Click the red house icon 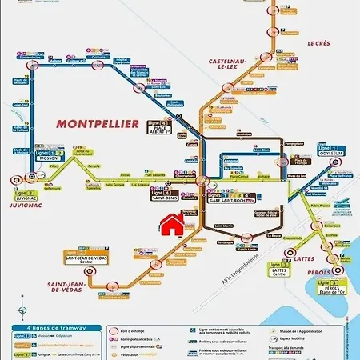tap(171, 226)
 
